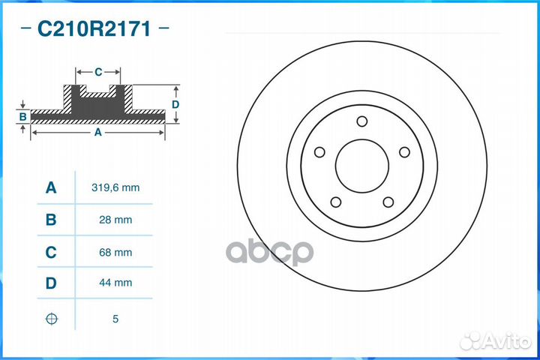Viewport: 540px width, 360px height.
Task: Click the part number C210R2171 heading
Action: pos(94,29)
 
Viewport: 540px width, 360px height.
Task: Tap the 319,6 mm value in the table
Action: pos(115,187)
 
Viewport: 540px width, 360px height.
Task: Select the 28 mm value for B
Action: pos(115,220)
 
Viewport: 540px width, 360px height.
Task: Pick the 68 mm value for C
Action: pos(115,253)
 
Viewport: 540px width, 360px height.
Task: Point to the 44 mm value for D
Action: pos(115,283)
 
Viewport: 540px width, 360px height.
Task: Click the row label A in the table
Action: pos(51,187)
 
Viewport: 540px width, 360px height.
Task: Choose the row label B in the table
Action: pos(51,220)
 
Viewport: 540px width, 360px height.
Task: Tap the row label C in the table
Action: pos(51,253)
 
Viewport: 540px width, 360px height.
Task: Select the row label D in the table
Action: pos(51,283)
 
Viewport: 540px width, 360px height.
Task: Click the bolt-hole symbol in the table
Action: pos(51,319)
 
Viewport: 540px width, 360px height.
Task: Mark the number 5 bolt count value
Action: pos(115,319)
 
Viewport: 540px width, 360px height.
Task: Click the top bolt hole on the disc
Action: pos(362,121)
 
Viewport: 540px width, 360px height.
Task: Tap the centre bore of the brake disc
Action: pos(363,165)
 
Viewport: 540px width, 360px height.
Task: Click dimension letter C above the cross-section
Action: pos(98,72)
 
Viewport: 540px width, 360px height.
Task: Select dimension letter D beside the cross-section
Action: pos(175,105)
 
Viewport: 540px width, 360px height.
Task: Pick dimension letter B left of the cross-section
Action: pos(23,116)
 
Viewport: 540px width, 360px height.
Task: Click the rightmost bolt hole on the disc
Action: pos(405,152)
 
